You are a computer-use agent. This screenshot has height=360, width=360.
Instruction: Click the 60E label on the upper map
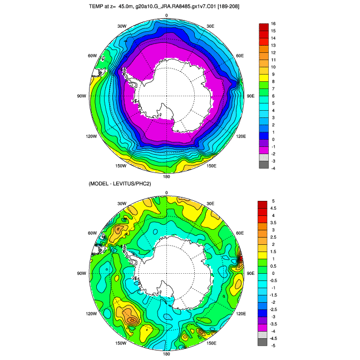[240, 56]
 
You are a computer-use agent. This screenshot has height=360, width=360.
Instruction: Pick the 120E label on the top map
[240, 136]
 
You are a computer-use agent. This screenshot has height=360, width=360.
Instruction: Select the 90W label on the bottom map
[81, 274]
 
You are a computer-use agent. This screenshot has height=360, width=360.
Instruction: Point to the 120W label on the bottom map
[92, 314]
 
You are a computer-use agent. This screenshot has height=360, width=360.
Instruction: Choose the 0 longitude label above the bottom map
[167, 193]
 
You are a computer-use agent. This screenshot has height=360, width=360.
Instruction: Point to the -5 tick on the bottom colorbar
[274, 346]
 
